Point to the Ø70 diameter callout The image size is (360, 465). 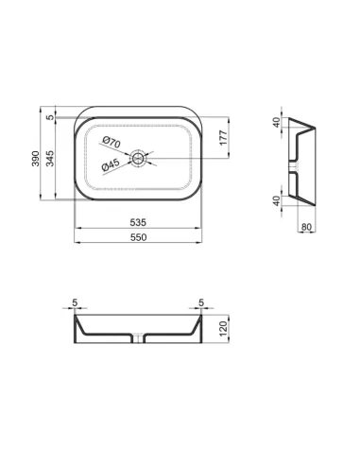tap(111, 143)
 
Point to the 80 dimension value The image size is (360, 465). tap(306, 226)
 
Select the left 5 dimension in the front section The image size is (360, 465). tap(76, 304)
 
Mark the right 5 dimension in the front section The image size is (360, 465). tap(200, 304)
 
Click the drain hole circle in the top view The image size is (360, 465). tap(139, 158)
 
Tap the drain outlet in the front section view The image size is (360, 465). tap(139, 339)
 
